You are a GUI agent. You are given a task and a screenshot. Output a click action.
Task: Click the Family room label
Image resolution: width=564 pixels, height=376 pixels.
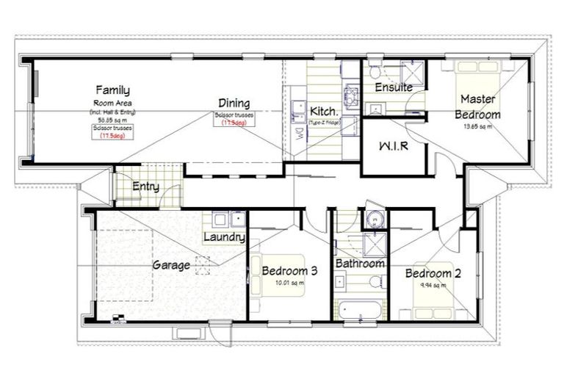click(112, 90)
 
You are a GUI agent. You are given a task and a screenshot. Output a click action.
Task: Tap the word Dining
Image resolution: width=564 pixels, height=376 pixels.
click(234, 104)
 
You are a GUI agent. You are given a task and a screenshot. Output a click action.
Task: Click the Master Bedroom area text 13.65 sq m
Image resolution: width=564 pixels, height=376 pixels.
click(477, 126)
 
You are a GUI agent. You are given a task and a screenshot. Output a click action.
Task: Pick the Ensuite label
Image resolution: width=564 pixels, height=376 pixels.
click(394, 87)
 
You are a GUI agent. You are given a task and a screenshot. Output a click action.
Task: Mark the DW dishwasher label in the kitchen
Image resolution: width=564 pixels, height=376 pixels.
click(299, 133)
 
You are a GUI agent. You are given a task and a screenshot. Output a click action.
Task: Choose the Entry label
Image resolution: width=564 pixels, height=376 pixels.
click(145, 187)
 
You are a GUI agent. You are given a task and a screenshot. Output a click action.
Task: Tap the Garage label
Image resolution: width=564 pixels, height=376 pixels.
click(171, 264)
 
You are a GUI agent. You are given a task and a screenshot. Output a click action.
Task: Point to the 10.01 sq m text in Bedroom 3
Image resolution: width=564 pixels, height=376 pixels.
click(289, 283)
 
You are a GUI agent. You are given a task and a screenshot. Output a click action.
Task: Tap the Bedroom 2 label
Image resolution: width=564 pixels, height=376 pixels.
click(433, 274)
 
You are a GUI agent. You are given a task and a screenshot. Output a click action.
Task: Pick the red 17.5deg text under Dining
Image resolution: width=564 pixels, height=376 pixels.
click(234, 123)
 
